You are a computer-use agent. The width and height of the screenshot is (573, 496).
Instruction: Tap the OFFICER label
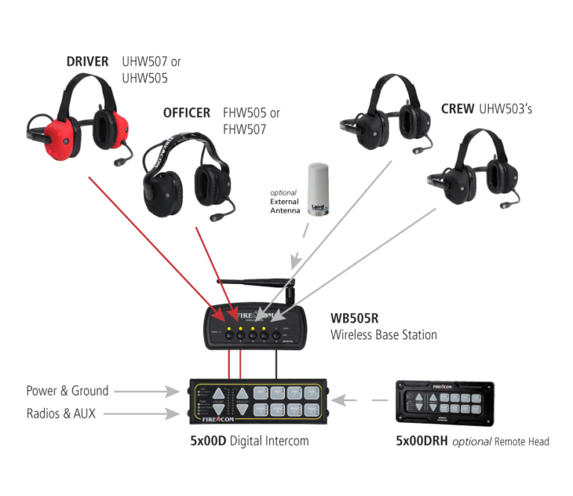pyautogui.click(x=187, y=114)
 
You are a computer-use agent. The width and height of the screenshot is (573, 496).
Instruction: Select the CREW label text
pyautogui.click(x=458, y=109)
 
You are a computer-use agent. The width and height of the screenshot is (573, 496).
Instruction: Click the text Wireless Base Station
pyautogui.click(x=383, y=335)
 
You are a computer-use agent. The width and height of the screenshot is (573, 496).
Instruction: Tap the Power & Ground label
pyautogui.click(x=67, y=391)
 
